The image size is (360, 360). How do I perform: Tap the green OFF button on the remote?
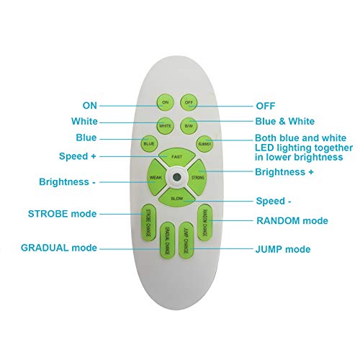[x=189, y=102]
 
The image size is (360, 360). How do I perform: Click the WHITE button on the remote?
[x=165, y=125]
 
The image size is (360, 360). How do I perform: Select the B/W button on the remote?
[x=189, y=125]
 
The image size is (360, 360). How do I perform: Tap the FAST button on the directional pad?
[x=177, y=157]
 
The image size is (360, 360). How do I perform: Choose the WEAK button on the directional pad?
[x=156, y=177]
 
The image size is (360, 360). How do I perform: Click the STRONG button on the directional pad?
[x=197, y=177]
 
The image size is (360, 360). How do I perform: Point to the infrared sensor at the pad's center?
[x=177, y=177]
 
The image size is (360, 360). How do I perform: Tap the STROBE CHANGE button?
[x=148, y=222]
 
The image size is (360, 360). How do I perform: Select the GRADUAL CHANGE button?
[x=167, y=240]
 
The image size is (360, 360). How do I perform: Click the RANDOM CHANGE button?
[x=205, y=222]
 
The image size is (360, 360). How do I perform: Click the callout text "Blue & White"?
[x=285, y=121]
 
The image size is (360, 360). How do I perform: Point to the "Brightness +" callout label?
[x=284, y=172]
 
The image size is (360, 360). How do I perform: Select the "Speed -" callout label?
[x=274, y=201]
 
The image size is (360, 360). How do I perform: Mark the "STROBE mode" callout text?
[x=63, y=214]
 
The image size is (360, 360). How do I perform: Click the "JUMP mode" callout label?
[x=283, y=249]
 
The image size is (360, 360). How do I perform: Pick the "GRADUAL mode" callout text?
[x=59, y=248]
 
